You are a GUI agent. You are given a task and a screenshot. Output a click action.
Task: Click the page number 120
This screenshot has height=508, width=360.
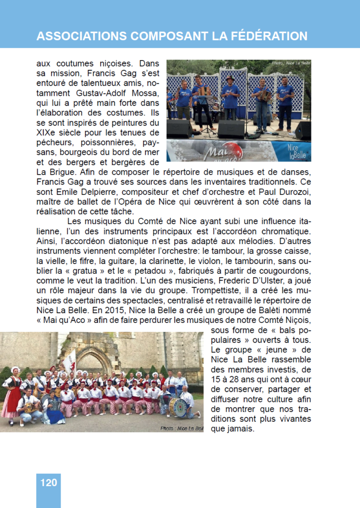pos(48,482)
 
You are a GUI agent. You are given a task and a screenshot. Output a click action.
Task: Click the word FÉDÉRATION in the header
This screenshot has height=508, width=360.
pos(267,36)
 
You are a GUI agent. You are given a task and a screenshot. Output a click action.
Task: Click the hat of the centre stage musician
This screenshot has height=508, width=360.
pos(230,78)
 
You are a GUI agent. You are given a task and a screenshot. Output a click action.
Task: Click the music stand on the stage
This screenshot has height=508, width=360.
pos(205,101)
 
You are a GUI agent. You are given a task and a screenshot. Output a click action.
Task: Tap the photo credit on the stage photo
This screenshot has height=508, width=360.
pos(291,63)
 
